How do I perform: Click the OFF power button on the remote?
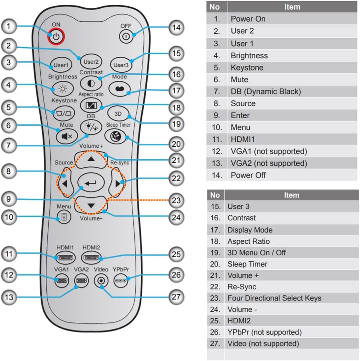tap(126, 36)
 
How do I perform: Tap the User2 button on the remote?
tap(91, 62)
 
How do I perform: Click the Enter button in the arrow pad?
tap(91, 182)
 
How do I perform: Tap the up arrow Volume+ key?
tap(91, 159)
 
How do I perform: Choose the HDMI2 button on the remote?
tap(91, 258)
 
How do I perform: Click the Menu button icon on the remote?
tap(64, 217)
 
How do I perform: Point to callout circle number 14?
tap(176, 28)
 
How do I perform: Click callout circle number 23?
tap(176, 200)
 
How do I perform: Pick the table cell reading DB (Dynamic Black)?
tap(266, 91)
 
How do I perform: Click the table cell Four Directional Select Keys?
tap(274, 298)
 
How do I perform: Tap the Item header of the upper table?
tap(292, 7)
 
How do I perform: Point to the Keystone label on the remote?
tap(64, 100)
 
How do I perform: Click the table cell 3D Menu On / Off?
tap(257, 253)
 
